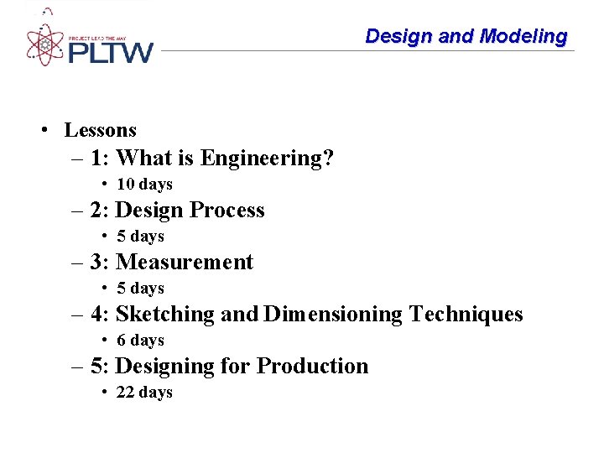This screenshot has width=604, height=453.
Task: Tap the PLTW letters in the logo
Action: [x=110, y=52]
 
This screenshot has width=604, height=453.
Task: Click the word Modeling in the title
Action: [x=523, y=36]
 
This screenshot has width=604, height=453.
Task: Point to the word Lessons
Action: [x=100, y=130]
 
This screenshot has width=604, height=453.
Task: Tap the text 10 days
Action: [x=144, y=184]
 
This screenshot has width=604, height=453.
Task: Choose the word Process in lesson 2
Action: [x=227, y=210]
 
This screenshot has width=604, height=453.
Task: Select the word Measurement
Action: [x=185, y=262]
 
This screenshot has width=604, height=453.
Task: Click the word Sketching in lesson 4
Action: [x=165, y=314]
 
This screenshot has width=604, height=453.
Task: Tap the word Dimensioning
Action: [x=333, y=314]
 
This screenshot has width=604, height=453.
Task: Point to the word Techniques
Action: [x=466, y=314]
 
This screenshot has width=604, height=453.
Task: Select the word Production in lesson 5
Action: [x=312, y=366]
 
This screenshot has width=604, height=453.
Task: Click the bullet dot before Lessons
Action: [x=42, y=130]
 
